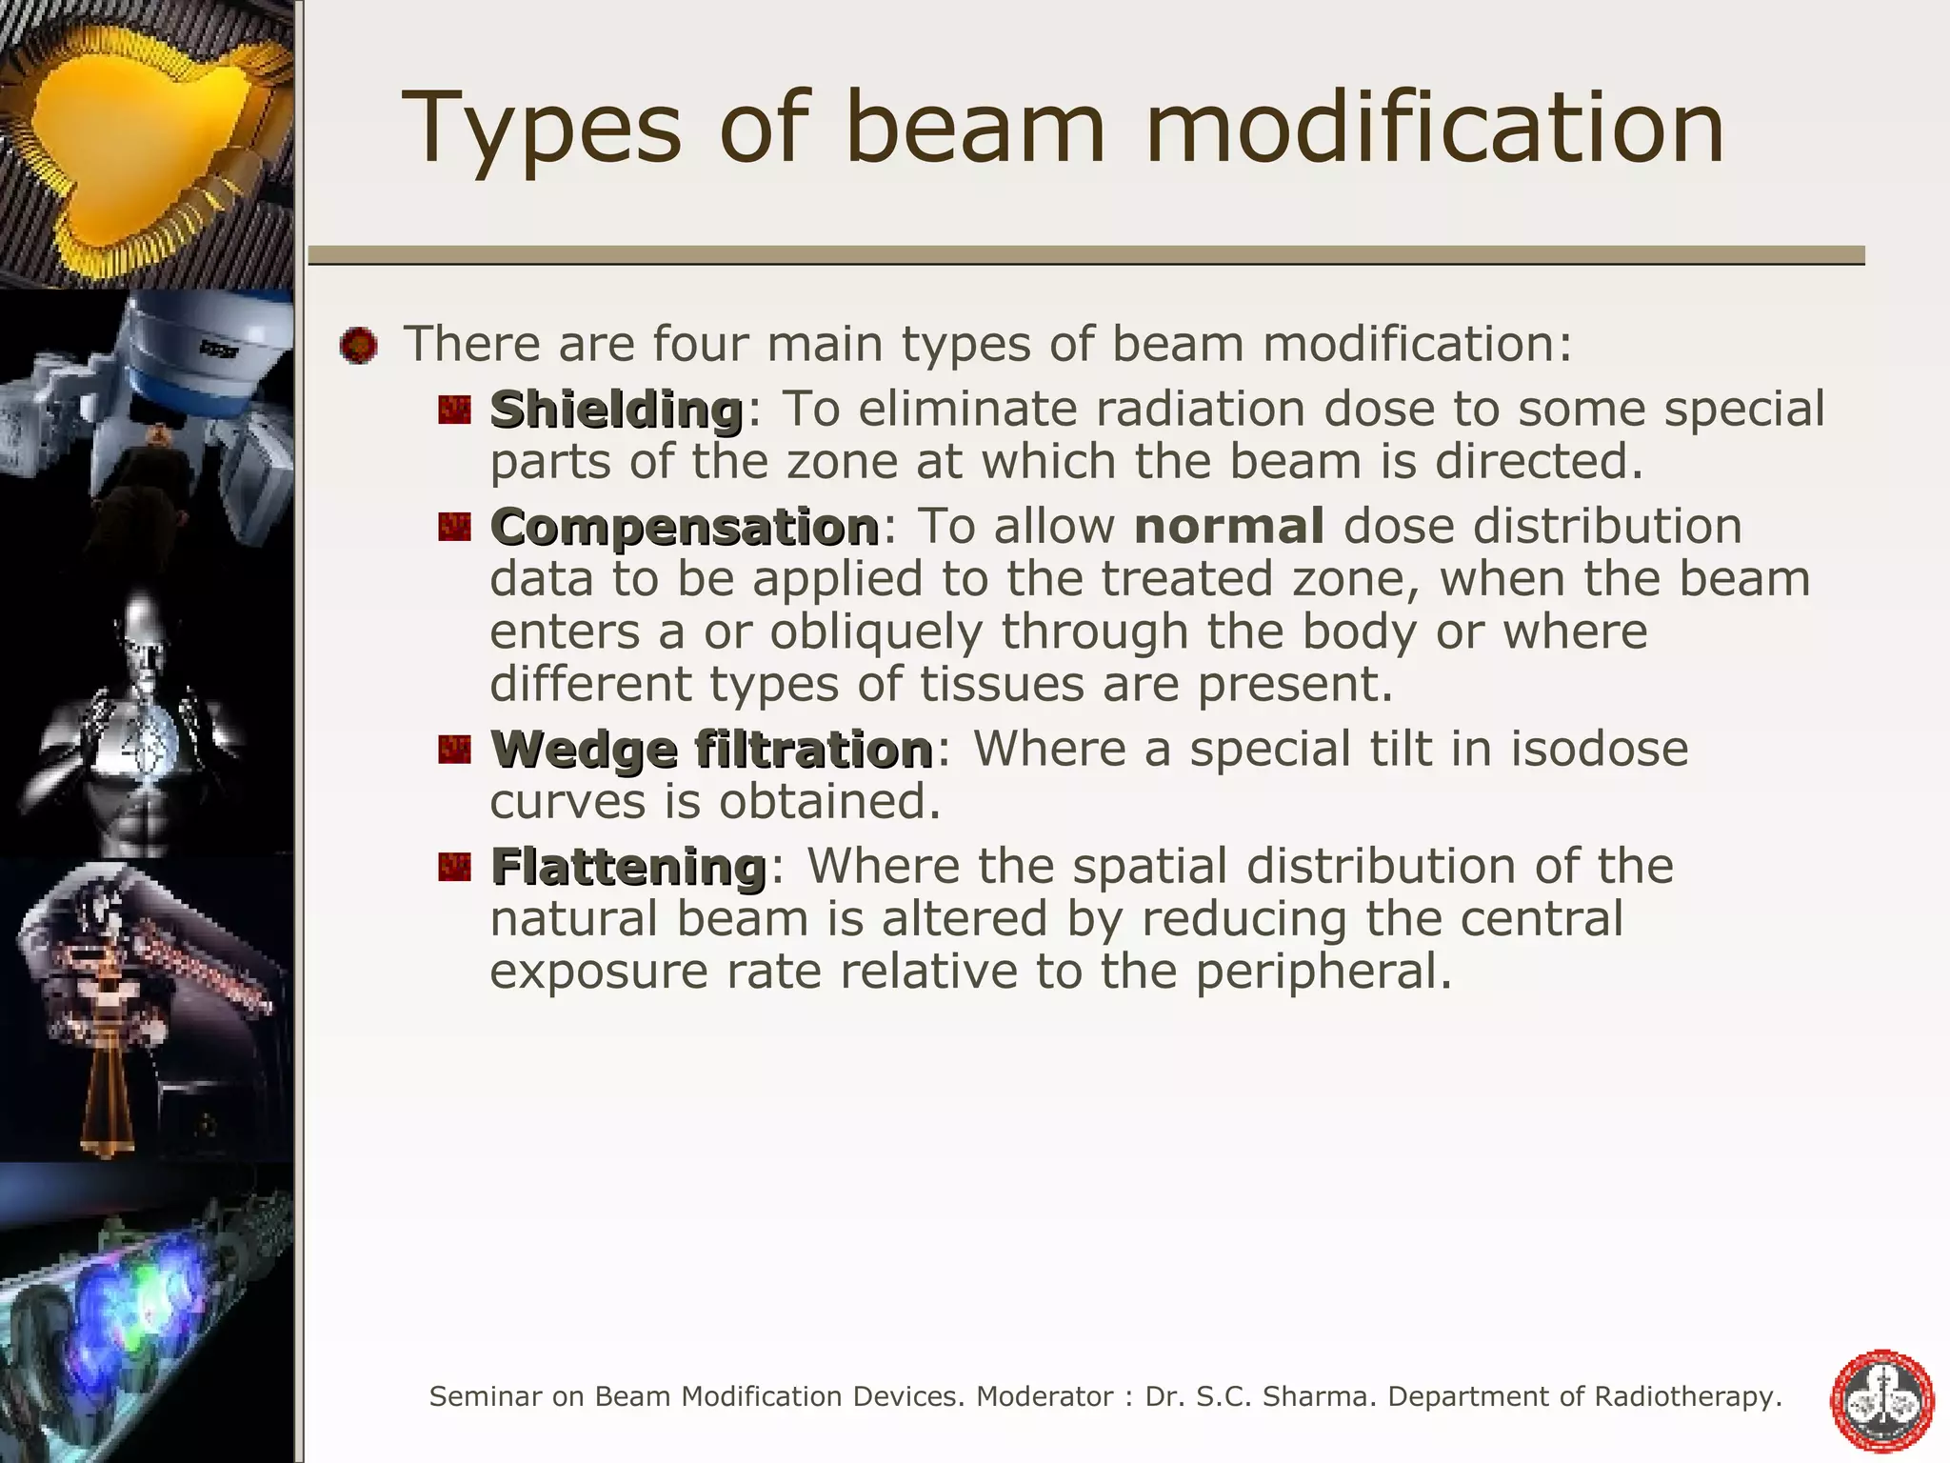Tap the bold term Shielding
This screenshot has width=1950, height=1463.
point(616,411)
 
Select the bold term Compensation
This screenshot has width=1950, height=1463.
point(684,528)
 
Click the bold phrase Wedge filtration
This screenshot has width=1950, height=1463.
point(711,750)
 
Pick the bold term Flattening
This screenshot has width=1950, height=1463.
point(628,867)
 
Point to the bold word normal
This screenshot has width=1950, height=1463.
point(1228,527)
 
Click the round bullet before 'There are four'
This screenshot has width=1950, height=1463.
point(358,345)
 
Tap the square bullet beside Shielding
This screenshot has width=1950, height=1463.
point(455,411)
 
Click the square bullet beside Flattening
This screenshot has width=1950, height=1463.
point(455,867)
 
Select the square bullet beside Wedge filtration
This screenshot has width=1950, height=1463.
point(455,750)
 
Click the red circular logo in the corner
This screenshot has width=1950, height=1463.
point(1881,1400)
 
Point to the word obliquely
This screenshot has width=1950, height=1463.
point(875,632)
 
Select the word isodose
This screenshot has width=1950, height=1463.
point(1599,749)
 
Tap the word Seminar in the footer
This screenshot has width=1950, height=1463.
point(486,1397)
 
